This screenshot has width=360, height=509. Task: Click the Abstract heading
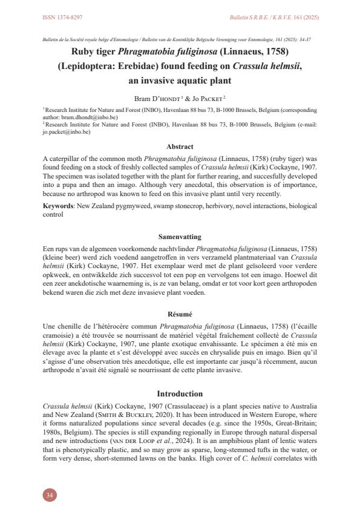click(x=180, y=146)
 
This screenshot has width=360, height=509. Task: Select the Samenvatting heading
click(x=180, y=237)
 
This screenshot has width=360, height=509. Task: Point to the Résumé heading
click(x=180, y=314)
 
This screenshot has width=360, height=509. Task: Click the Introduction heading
click(x=180, y=393)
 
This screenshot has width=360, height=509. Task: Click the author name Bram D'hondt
click(x=155, y=97)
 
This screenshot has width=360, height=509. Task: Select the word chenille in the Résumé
click(x=69, y=327)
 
